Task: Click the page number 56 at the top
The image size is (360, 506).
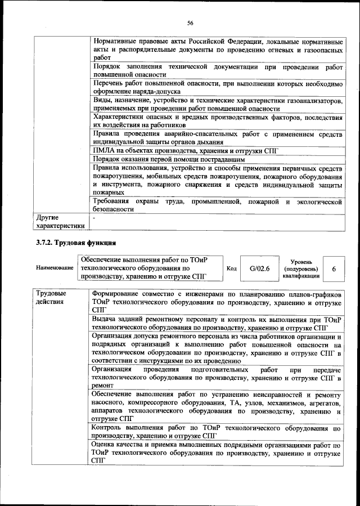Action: (190, 23)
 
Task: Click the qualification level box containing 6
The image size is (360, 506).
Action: (334, 269)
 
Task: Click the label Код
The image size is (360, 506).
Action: (231, 268)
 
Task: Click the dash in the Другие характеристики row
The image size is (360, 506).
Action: (94, 217)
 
